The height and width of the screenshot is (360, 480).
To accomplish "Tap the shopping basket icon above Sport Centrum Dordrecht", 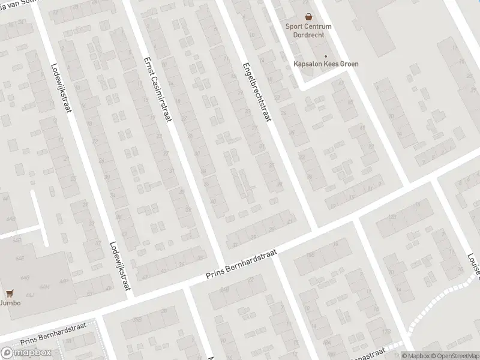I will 308,17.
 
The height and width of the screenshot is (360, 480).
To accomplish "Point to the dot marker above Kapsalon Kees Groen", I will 325,56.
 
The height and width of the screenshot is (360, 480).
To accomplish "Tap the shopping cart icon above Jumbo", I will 9,293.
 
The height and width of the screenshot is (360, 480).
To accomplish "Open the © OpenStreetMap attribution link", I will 454,356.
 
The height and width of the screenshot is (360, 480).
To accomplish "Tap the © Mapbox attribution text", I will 415,356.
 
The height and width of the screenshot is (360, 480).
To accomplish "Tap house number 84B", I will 225,289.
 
